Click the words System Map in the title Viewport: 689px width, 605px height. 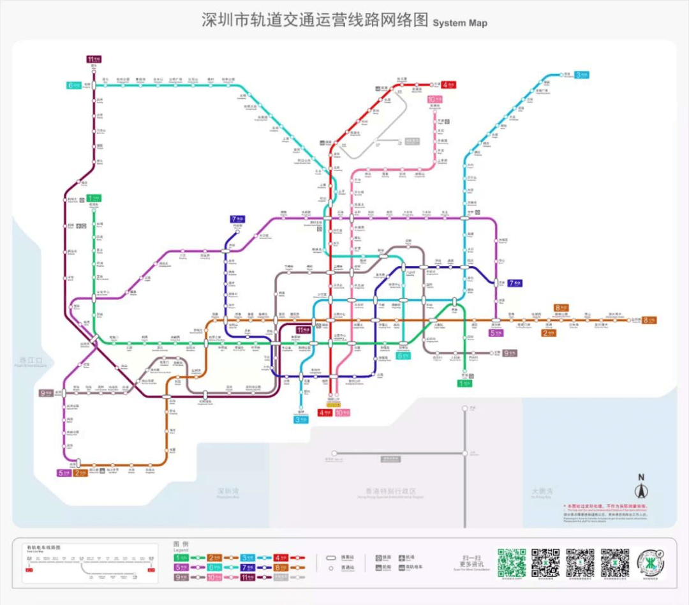click(460, 22)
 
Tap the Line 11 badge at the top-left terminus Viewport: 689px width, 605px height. click(94, 59)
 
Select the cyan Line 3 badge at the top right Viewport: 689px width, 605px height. click(581, 75)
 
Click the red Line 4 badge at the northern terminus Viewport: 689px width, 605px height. click(450, 84)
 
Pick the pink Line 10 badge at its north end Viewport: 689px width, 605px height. click(435, 100)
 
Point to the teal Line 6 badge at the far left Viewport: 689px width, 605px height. click(73, 85)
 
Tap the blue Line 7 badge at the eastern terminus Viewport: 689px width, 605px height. click(515, 283)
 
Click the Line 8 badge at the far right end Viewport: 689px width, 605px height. click(649, 320)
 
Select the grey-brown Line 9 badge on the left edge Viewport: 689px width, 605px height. click(46, 393)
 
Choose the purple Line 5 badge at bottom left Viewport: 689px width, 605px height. click(63, 473)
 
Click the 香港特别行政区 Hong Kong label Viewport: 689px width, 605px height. click(386, 491)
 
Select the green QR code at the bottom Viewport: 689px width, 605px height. click(512, 562)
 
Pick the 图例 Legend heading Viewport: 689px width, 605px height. click(181, 546)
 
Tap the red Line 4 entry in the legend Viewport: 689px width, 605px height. click(281, 557)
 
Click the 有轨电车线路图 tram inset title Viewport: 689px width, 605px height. click(44, 548)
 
